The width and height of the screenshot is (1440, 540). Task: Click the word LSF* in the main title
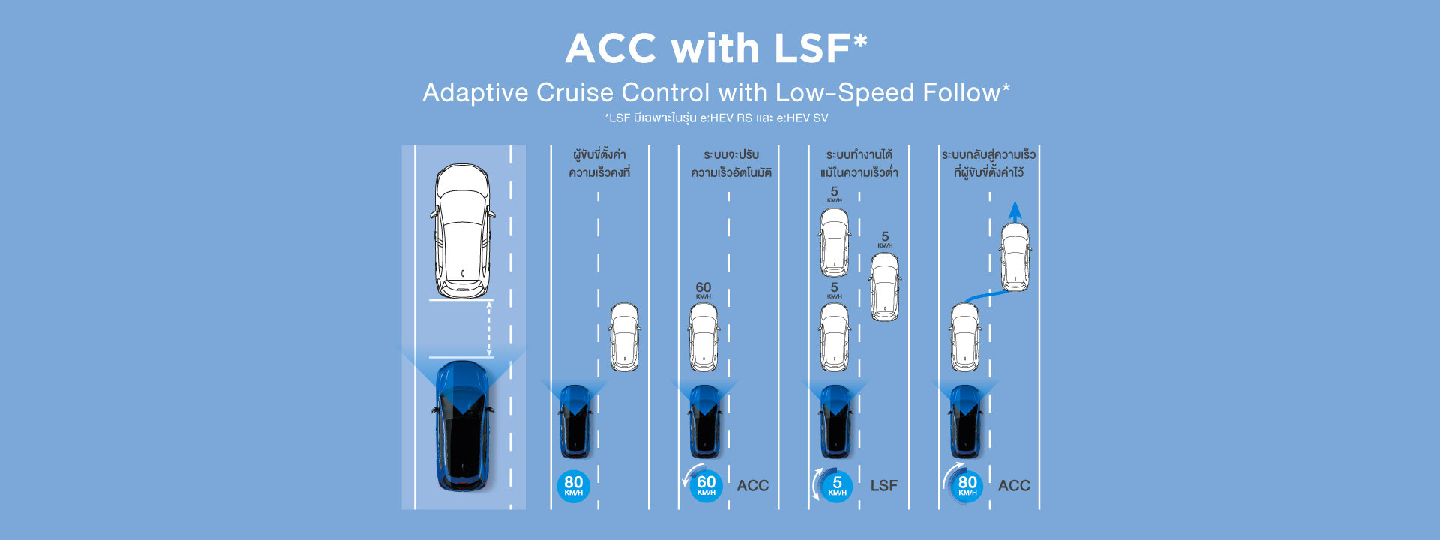pyautogui.click(x=820, y=49)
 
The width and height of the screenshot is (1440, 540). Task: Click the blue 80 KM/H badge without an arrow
pyautogui.click(x=574, y=486)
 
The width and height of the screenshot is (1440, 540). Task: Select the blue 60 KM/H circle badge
pyautogui.click(x=706, y=486)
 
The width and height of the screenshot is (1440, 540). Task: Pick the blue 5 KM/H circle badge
pyautogui.click(x=837, y=486)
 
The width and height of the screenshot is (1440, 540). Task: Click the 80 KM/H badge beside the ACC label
pyautogui.click(x=967, y=486)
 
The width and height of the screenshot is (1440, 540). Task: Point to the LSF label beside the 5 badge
pyautogui.click(x=883, y=486)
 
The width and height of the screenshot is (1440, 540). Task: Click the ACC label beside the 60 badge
pyautogui.click(x=752, y=486)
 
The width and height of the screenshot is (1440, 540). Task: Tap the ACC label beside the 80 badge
pyautogui.click(x=1014, y=486)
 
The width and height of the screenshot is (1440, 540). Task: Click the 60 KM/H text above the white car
pyautogui.click(x=703, y=289)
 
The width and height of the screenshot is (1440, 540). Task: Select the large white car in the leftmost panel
pyautogui.click(x=462, y=231)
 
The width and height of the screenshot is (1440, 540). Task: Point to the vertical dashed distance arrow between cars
pyautogui.click(x=489, y=328)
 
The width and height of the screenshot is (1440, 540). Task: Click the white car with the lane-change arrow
pyautogui.click(x=1015, y=257)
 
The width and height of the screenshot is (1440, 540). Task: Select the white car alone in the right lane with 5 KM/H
pyautogui.click(x=885, y=287)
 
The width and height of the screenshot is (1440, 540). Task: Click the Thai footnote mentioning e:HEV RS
pyautogui.click(x=716, y=118)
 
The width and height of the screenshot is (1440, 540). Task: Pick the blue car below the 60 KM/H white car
pyautogui.click(x=705, y=421)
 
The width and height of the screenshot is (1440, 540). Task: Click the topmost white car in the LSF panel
pyautogui.click(x=835, y=242)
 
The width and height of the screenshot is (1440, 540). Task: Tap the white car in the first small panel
pyautogui.click(x=624, y=337)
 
